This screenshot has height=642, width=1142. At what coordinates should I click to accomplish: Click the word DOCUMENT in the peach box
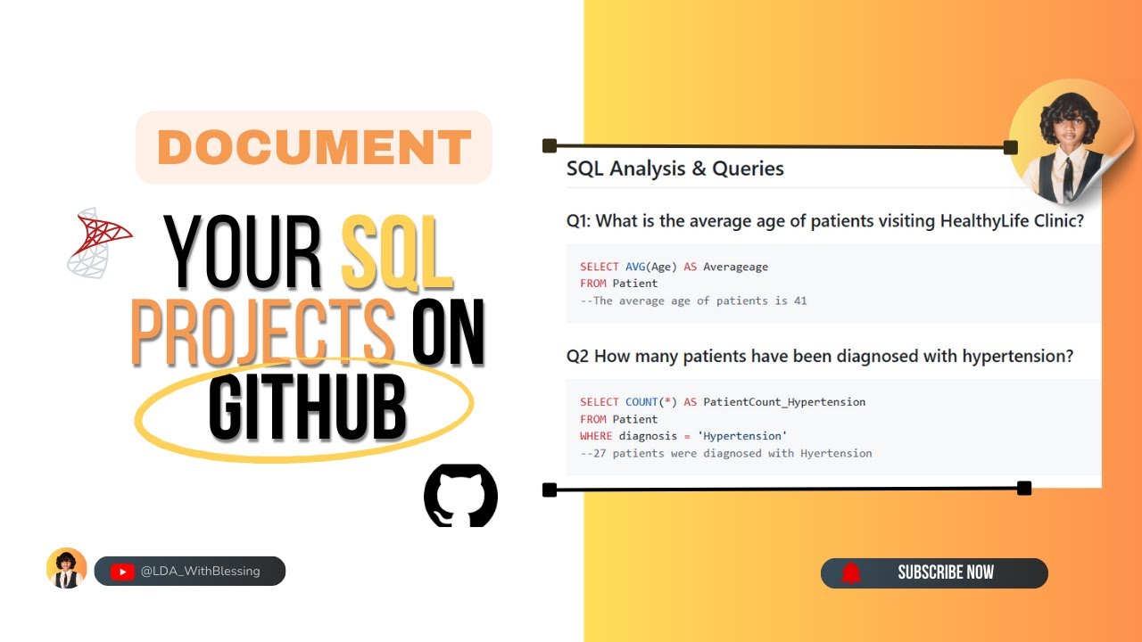pyautogui.click(x=313, y=148)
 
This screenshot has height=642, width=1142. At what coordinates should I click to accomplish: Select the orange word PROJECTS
pyautogui.click(x=263, y=332)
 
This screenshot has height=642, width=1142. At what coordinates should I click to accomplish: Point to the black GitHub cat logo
pyautogui.click(x=460, y=495)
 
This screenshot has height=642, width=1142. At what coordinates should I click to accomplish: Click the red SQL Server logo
pyautogui.click(x=99, y=243)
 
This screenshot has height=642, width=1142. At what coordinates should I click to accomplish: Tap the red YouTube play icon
pyautogui.click(x=122, y=572)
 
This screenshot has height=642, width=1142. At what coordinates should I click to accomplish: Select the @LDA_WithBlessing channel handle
pyautogui.click(x=200, y=572)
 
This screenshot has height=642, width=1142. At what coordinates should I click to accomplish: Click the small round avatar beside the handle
pyautogui.click(x=67, y=569)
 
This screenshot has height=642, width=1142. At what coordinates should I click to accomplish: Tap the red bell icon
pyautogui.click(x=851, y=572)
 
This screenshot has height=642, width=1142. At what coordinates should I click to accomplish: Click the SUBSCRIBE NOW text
pyautogui.click(x=946, y=572)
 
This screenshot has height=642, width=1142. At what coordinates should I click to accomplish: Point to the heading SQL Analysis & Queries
pyautogui.click(x=674, y=169)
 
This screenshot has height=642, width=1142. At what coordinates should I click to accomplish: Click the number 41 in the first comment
pyautogui.click(x=799, y=300)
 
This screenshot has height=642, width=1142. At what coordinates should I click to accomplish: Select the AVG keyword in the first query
pyautogui.click(x=635, y=267)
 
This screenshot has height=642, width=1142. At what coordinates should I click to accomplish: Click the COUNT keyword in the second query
pyautogui.click(x=641, y=402)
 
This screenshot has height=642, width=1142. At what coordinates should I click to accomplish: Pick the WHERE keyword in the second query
pyautogui.click(x=596, y=436)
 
